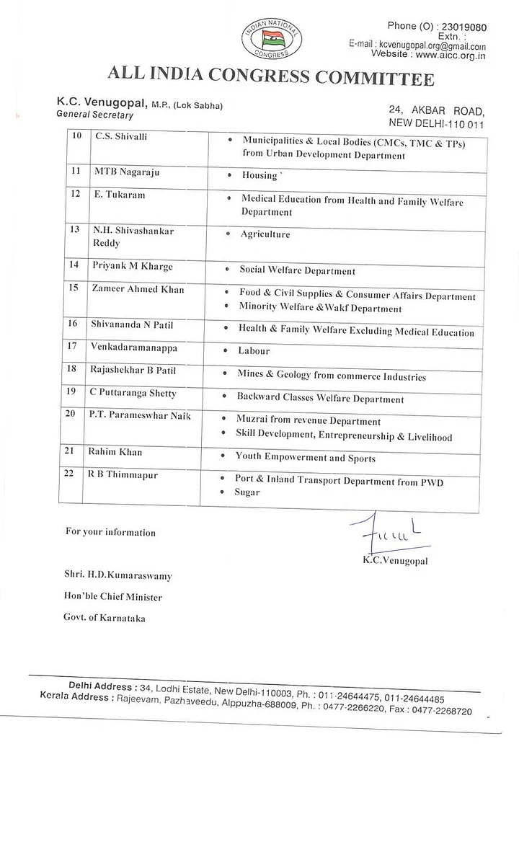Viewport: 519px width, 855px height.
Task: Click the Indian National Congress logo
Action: [x=272, y=38]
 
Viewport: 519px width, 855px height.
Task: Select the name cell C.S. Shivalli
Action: [x=121, y=136]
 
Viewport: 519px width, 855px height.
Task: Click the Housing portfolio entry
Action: [x=260, y=175]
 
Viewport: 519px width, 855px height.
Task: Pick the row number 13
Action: [x=73, y=230]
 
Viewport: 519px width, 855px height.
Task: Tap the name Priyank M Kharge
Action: [x=132, y=266]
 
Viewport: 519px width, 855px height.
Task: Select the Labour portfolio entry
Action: [x=254, y=350]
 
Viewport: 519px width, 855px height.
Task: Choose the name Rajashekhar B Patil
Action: [x=133, y=371]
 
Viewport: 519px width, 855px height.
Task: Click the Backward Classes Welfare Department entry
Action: [x=320, y=399]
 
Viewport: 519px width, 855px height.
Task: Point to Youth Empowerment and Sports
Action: [x=305, y=458]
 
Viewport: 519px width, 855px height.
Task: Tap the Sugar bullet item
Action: [x=247, y=492]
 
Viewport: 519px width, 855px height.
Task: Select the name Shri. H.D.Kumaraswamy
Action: [x=118, y=576]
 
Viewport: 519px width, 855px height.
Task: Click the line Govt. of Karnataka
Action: [x=105, y=618]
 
